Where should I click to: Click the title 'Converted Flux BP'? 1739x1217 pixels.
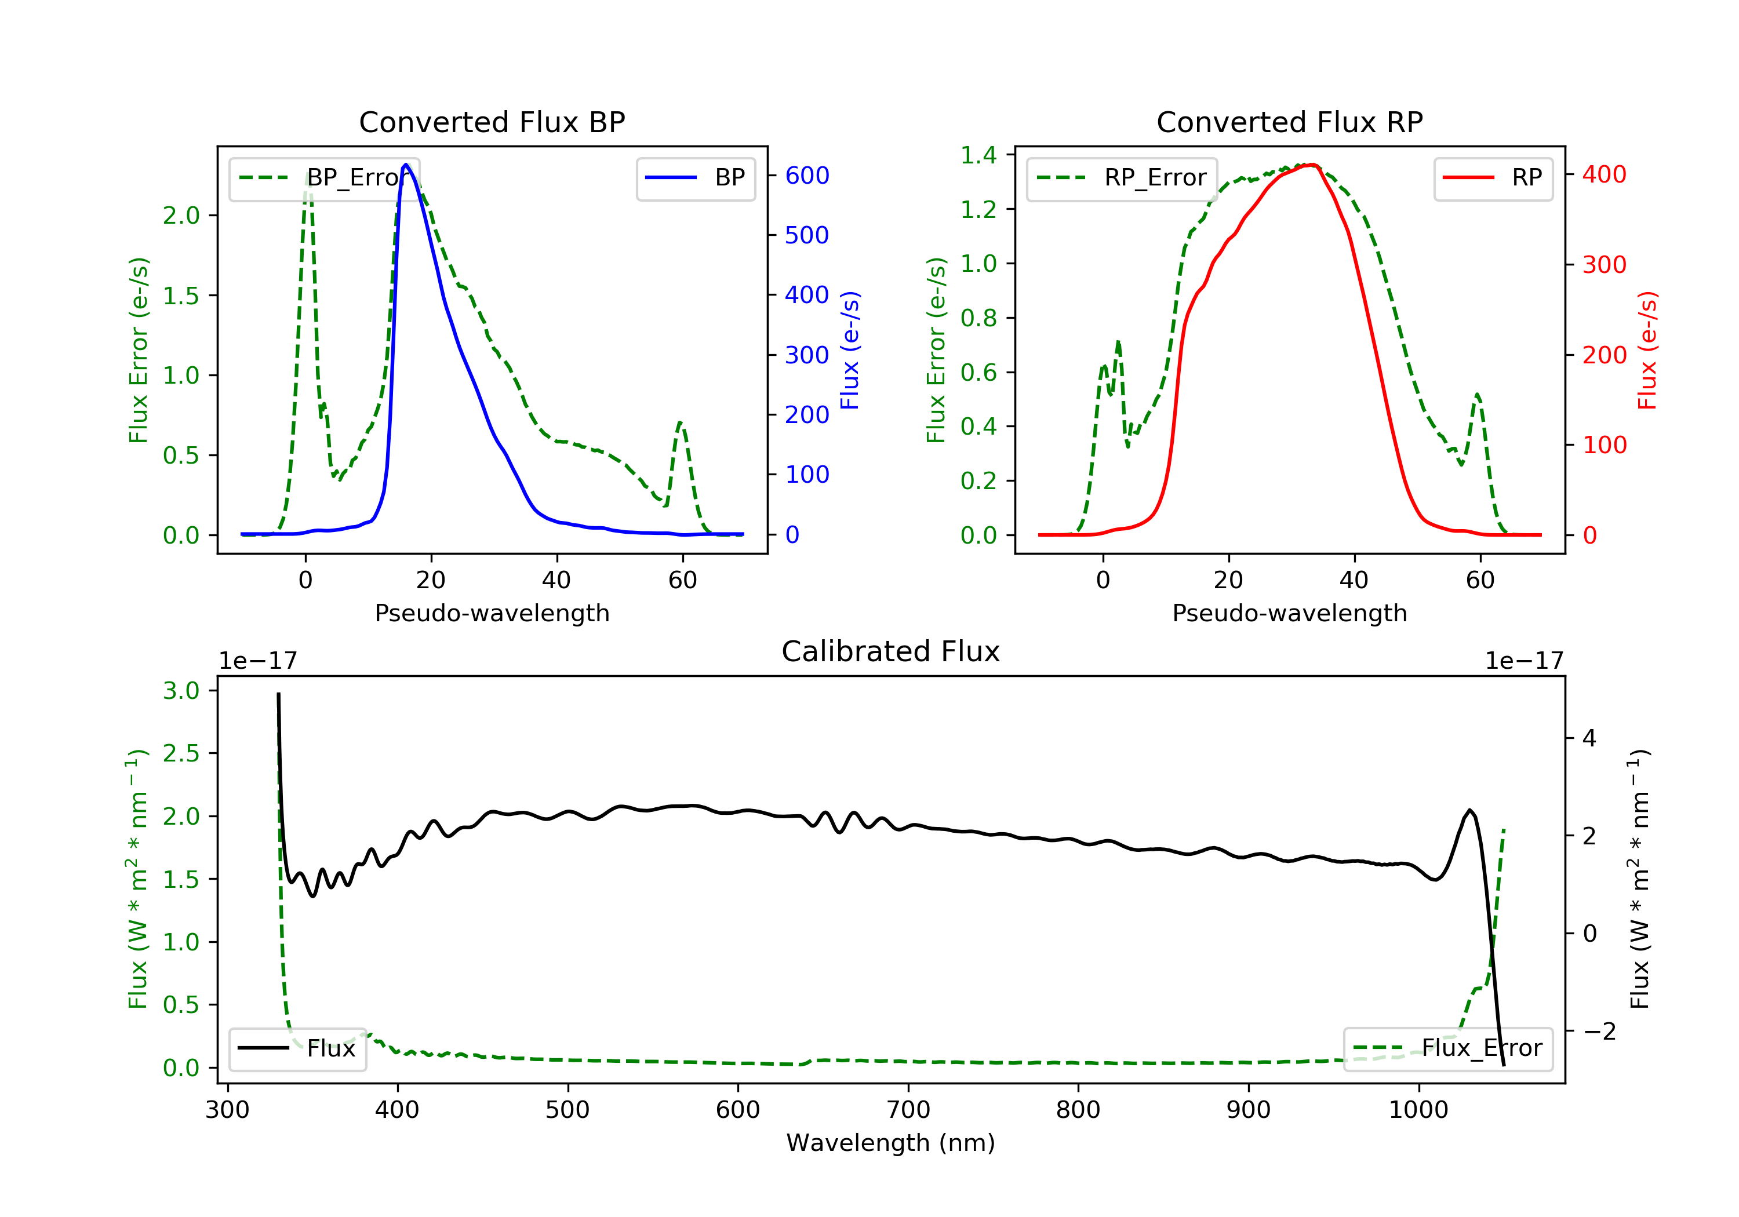point(492,122)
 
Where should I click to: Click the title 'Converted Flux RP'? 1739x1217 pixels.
point(1289,122)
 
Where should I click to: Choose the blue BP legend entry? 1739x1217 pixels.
point(695,178)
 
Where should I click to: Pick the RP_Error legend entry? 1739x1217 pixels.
point(1122,178)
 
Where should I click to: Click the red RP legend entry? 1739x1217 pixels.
point(1492,178)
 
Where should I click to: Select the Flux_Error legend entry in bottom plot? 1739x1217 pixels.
point(1447,1048)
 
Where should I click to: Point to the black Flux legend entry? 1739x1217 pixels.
point(297,1048)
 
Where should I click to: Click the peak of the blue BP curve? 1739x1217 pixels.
point(406,165)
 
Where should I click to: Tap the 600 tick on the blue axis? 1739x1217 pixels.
point(807,176)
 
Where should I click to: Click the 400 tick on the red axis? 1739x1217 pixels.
point(1604,175)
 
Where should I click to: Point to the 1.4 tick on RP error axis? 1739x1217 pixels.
point(978,155)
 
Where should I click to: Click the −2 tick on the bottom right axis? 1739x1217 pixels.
point(1598,1031)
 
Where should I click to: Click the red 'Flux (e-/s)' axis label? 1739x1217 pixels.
point(1647,350)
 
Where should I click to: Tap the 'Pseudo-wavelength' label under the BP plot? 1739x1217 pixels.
point(492,613)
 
